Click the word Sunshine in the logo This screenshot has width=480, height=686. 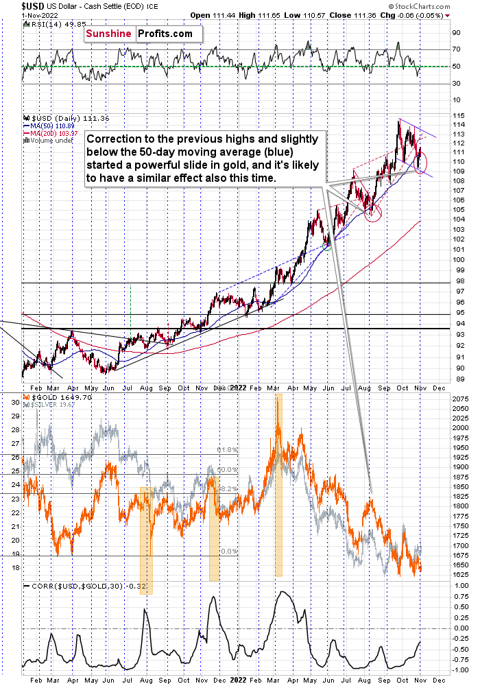click(110, 33)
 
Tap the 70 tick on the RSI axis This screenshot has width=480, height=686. click(455, 49)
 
